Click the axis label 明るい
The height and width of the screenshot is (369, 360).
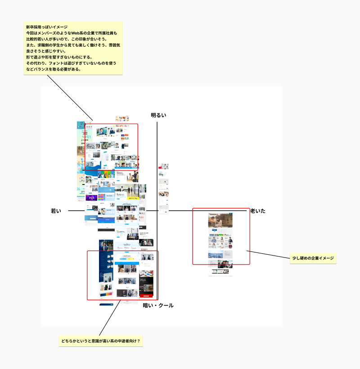tap(158, 116)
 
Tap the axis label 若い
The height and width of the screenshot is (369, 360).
tap(56, 211)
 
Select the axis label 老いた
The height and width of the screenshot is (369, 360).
tap(258, 211)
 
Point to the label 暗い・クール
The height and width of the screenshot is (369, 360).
tap(158, 306)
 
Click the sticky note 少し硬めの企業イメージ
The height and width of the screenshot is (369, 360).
tap(313, 259)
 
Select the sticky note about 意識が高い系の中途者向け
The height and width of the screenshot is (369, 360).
tap(101, 341)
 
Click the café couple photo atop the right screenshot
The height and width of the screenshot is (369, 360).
tap(220, 220)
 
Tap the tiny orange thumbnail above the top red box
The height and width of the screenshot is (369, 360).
tap(122, 119)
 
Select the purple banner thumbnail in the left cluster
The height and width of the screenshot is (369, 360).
tap(92, 197)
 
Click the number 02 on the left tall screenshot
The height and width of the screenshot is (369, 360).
tap(81, 148)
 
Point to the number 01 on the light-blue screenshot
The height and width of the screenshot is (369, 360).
tap(89, 137)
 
